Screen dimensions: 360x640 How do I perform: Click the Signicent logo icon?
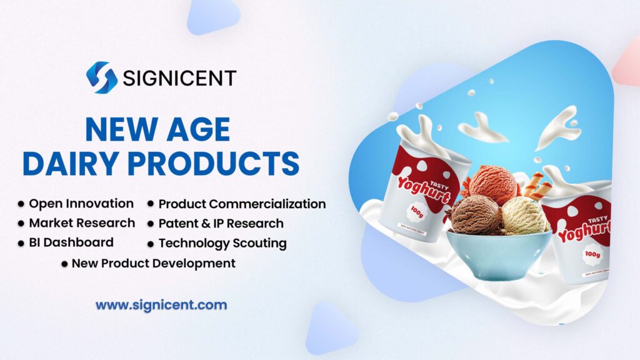pos(102,77)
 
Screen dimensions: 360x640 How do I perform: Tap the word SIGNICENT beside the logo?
pos(179,78)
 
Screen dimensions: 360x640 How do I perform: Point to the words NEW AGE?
pos(157,129)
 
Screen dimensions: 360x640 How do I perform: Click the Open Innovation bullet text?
pos(81,204)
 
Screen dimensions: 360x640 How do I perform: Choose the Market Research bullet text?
pos(82,223)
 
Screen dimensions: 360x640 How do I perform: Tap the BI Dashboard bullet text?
pos(71,242)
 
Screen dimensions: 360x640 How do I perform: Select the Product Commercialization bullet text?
pos(242,204)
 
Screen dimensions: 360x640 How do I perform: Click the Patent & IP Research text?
pos(221,223)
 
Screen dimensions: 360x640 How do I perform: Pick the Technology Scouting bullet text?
pos(222,243)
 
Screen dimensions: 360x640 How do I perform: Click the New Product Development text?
pos(153,263)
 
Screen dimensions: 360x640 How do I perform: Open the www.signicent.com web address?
pos(161,306)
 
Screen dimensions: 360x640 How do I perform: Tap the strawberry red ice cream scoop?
pos(493,184)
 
